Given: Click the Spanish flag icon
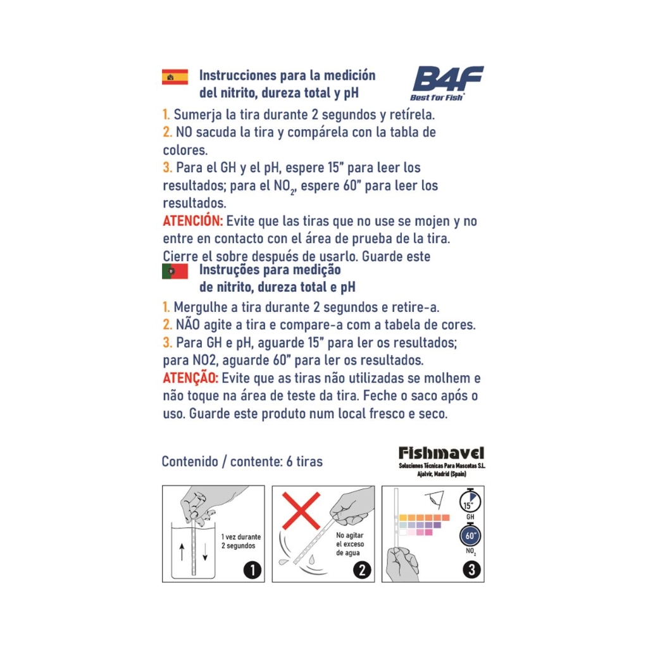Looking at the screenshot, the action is tap(175, 77).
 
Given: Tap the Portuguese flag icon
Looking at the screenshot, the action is tap(175, 271).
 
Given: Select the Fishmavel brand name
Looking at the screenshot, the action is tap(441, 453).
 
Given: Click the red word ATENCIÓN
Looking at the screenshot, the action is tap(192, 221).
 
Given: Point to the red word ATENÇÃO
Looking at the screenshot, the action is tap(190, 378).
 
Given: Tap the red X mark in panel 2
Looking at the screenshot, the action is tap(301, 511).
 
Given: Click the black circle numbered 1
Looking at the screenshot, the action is tap(252, 570).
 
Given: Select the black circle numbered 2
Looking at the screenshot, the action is tap(361, 570).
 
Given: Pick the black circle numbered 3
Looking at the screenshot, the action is tap(471, 570).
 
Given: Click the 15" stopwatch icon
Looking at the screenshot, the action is tap(470, 501).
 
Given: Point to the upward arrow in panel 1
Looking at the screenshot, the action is tap(182, 552).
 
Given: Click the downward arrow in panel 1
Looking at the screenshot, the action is tap(205, 552).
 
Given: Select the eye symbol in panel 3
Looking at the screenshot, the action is tap(435, 499).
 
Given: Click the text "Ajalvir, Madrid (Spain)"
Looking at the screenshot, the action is tap(441, 473).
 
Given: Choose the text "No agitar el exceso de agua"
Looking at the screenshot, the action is tap(350, 544).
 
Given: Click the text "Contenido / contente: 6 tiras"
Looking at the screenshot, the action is tap(242, 461).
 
